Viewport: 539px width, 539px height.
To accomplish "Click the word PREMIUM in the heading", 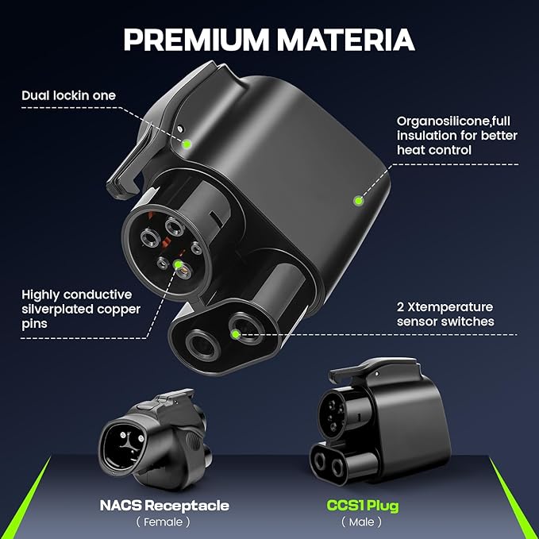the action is point(196,40).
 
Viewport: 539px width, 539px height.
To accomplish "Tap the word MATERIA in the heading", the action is point(346,40).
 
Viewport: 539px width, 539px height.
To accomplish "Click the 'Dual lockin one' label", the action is point(68,95).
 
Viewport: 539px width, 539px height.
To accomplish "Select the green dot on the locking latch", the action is point(187,144).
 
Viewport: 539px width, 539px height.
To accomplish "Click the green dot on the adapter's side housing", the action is point(359,200).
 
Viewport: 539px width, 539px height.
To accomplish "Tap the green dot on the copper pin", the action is point(179,264).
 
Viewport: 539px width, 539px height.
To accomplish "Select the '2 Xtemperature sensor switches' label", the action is point(445,314).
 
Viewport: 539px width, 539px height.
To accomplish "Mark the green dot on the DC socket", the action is point(236,333).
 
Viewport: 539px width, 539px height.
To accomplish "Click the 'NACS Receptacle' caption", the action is point(164,506).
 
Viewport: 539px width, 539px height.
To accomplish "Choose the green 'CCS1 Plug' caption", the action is point(363,506).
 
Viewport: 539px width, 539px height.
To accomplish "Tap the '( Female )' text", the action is point(163,522).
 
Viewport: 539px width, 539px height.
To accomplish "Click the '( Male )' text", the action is point(361,522).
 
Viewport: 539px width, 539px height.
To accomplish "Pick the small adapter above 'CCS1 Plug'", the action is point(380,421).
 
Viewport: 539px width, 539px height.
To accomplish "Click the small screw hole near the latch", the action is point(179,129).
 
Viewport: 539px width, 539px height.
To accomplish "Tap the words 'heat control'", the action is point(433,150).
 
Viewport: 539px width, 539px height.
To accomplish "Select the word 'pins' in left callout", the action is point(34,325).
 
